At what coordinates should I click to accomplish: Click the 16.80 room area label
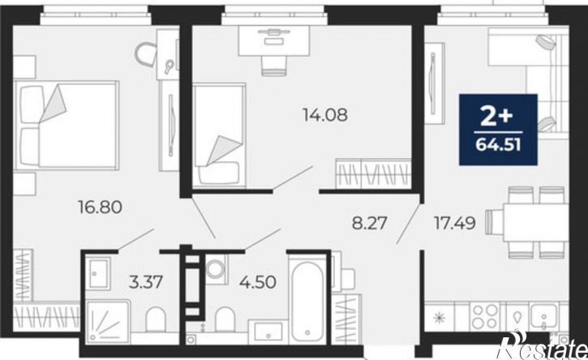point(100,207)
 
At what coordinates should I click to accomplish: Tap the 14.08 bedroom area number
point(325,115)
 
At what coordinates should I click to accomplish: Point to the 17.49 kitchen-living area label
point(455,223)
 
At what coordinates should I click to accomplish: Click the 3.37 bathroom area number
point(146,281)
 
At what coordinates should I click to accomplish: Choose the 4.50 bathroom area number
point(258,281)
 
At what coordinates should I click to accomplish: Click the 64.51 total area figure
point(498,145)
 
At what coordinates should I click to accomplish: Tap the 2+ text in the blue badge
point(496,117)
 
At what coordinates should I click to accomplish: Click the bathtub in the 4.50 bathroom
point(307,298)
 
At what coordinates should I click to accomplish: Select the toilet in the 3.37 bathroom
point(155,319)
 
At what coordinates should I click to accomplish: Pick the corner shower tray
point(108,322)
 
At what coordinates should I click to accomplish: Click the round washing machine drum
point(216,268)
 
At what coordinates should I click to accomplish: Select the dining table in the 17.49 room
point(536,222)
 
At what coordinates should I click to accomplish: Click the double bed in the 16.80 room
point(66,126)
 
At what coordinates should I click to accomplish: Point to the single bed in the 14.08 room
point(219,135)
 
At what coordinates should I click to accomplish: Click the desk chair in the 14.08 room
point(274,66)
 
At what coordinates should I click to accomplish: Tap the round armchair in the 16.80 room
point(146,54)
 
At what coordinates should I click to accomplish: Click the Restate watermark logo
point(543,345)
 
